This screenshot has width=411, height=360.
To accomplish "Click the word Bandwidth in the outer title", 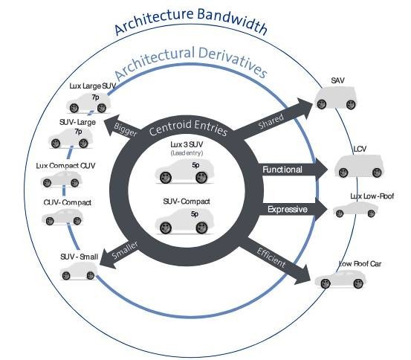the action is pos(232,21).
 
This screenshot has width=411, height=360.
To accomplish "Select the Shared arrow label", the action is pos(271,121).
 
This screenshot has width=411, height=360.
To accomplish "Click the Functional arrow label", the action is pos(282,170).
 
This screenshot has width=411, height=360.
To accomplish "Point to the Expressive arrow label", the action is pos(288,210).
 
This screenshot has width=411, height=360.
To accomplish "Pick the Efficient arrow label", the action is pos(271,257).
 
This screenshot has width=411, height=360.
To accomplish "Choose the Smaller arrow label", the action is pos(125,250).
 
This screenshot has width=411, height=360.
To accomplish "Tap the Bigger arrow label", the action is pos(126,129).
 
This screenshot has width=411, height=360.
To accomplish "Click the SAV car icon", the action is pos(336,97).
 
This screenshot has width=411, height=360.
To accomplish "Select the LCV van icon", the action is pos(358,166).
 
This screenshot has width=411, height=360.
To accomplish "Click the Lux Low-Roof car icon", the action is pos(356,210).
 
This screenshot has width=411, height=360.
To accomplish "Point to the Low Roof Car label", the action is pos(360,264).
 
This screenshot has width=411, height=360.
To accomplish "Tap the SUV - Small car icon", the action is pos(78,271).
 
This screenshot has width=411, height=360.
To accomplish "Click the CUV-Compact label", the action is pos(68,203).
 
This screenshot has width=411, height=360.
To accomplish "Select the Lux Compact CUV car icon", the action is pos(62,179).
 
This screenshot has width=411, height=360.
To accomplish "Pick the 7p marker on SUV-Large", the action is pos(78,131).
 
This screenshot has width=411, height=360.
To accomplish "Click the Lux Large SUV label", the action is pos(93,86).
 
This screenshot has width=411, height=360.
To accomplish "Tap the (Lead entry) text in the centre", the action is pos(187,153).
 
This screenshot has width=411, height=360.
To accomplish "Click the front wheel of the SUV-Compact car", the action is pos(165,228).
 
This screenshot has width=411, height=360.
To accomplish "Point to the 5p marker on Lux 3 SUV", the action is pos(195,165).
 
